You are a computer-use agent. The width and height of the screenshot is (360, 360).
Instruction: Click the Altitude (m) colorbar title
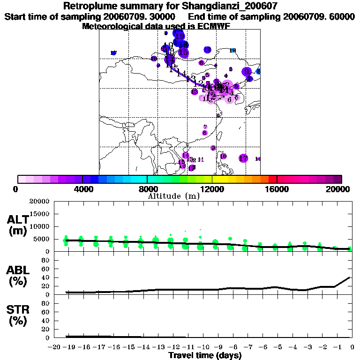(x=173, y=196)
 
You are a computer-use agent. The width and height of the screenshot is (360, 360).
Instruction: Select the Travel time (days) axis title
(x=205, y=355)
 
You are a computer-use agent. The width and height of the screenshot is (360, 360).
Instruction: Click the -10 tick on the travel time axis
(x=203, y=347)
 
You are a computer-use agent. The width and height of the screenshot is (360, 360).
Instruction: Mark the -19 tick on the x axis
(x=69, y=347)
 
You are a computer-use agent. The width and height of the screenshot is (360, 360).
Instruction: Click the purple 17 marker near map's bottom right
(x=243, y=158)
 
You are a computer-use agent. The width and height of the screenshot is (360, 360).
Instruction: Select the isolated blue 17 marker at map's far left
(x=113, y=53)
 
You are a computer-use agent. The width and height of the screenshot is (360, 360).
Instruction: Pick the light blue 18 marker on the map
(x=233, y=50)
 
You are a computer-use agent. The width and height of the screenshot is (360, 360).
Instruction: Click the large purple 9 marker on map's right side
(x=247, y=72)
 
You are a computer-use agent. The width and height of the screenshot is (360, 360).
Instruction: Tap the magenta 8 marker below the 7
(x=205, y=133)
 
